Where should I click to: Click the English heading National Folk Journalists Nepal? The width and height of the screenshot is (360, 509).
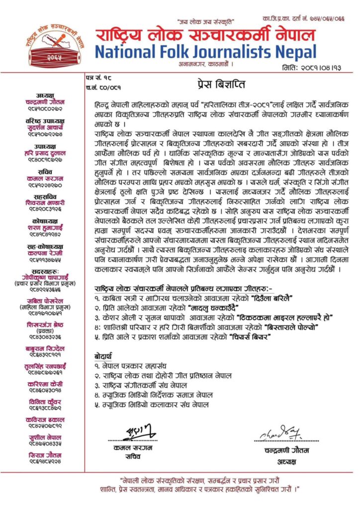click(x=205, y=52)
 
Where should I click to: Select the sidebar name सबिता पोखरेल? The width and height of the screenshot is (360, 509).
click(x=44, y=308)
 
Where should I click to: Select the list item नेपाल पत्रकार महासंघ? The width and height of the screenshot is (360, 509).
click(x=134, y=367)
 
